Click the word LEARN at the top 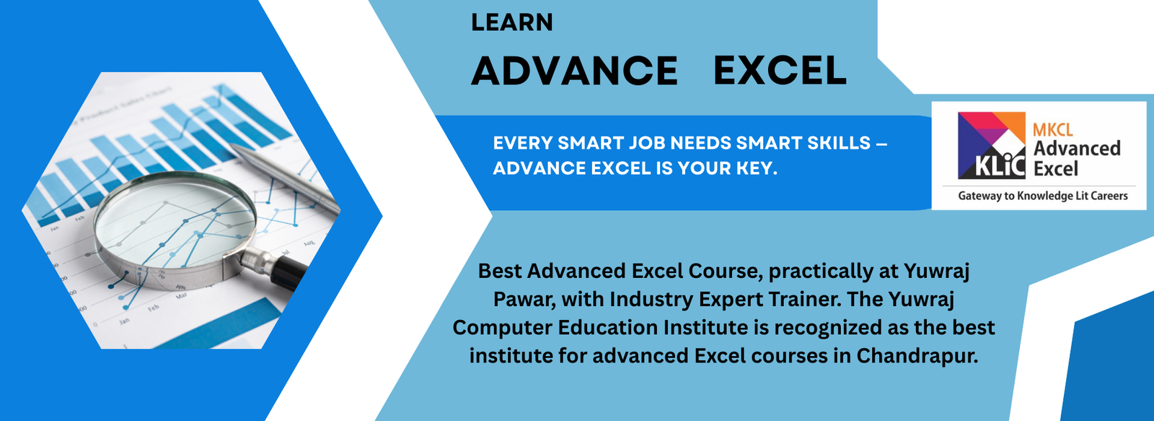(x=511, y=22)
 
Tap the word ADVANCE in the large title (x=574, y=71)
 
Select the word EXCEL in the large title (x=780, y=71)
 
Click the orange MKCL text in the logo (x=1052, y=130)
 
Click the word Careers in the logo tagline (x=1109, y=196)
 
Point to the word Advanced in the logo (x=1077, y=149)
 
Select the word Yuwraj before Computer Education (x=921, y=299)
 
